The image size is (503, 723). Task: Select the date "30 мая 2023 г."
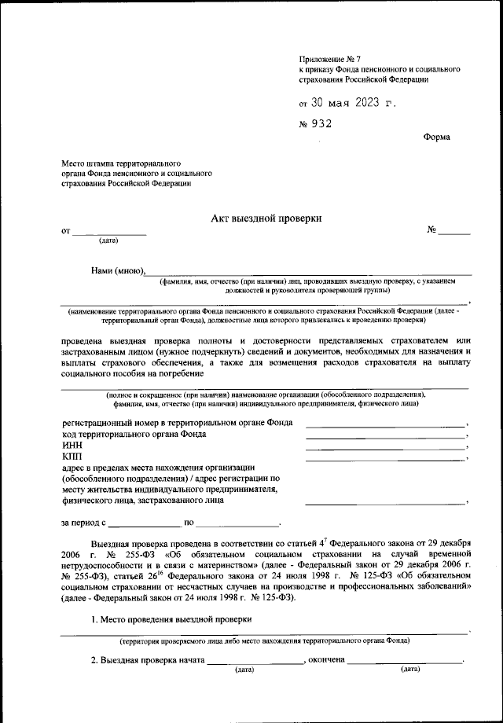[349, 102]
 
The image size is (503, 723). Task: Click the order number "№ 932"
[316, 123]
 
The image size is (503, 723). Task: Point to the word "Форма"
[437, 137]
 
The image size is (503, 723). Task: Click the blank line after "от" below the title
[109, 233]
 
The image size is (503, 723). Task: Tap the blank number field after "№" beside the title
[454, 233]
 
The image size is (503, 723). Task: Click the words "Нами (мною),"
[118, 270]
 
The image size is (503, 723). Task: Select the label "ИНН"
[72, 445]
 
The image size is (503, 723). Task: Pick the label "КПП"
[72, 457]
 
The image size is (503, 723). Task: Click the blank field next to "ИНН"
[385, 448]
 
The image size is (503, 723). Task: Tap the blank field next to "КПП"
[385, 459]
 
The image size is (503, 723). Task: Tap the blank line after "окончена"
[406, 663]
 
